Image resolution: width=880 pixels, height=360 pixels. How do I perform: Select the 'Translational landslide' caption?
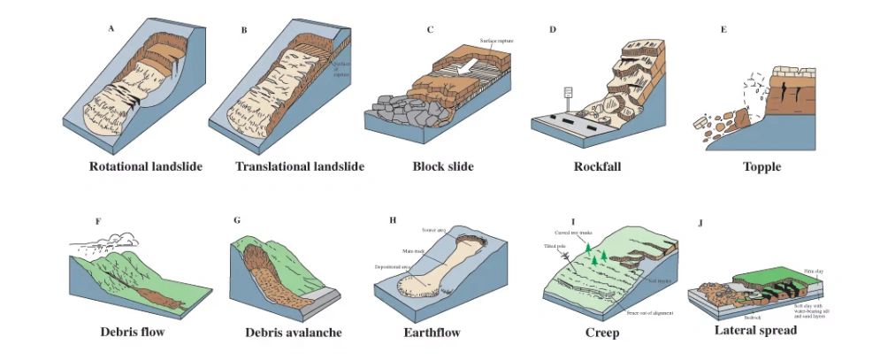click(300, 166)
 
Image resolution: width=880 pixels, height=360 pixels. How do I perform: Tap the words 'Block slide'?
click(443, 166)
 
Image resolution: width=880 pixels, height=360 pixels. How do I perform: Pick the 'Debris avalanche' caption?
click(294, 333)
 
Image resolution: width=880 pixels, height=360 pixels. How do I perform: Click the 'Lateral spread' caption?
click(756, 331)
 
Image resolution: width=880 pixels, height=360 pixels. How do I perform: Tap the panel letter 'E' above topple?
click(723, 29)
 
